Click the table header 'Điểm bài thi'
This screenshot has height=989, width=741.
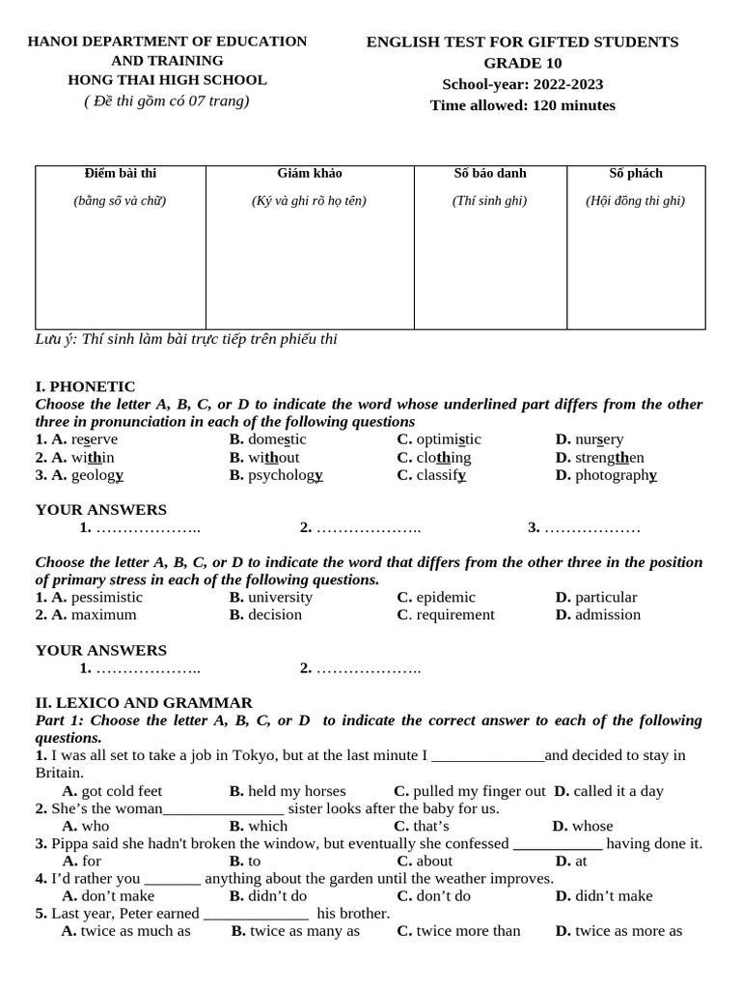click(121, 174)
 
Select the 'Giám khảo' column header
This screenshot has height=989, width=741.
click(309, 174)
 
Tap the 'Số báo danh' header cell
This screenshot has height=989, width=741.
click(490, 174)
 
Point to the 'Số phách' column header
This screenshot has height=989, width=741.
click(636, 174)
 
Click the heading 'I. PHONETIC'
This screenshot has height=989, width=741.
click(85, 386)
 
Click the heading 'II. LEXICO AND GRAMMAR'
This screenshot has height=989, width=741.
click(144, 703)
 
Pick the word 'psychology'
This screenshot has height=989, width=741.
click(285, 475)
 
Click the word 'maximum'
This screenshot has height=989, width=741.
click(103, 615)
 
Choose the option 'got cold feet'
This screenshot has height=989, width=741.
click(122, 791)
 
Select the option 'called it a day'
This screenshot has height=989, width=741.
click(618, 791)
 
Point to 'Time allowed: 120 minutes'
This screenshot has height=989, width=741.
click(522, 105)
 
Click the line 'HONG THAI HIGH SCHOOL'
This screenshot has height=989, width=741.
click(167, 80)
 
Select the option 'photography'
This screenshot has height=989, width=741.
click(616, 475)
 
